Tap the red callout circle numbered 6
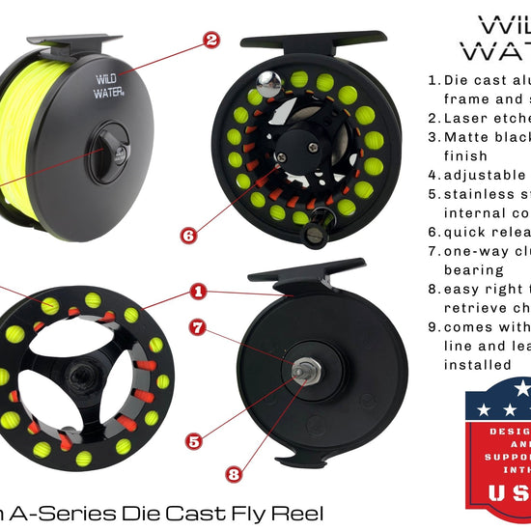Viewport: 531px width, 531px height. (189, 233)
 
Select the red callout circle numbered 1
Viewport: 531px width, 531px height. (198, 289)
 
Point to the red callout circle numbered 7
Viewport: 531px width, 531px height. (197, 327)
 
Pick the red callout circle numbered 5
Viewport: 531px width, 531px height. (194, 441)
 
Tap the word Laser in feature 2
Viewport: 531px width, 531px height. (468, 119)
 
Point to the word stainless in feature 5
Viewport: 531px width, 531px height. (484, 194)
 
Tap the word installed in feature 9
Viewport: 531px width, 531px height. (479, 364)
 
